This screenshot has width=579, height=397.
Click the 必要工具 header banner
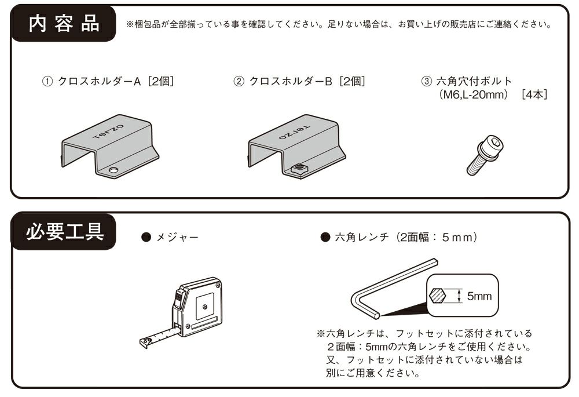click(x=63, y=233)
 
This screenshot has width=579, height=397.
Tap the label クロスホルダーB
click(x=290, y=82)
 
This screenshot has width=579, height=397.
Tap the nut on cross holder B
click(x=299, y=170)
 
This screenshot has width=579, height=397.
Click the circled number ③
click(x=425, y=82)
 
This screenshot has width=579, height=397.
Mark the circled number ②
click(x=238, y=82)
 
